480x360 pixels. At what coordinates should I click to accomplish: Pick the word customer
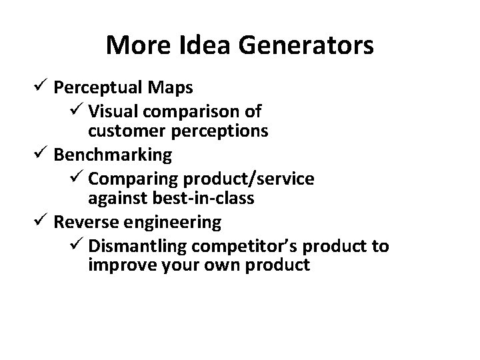tap(127, 131)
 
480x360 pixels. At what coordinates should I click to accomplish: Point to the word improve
tap(117, 266)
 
